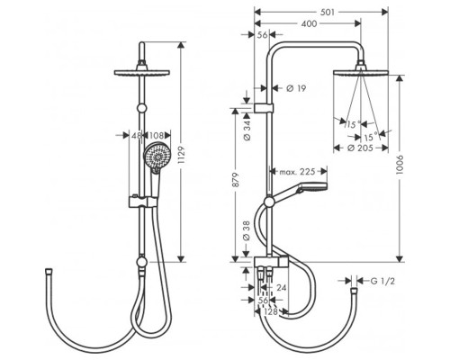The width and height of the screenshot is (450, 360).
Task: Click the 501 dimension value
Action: pos(328,13)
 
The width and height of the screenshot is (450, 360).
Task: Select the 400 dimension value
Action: pos(309,23)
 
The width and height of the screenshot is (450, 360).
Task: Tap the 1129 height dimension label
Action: pos(182,155)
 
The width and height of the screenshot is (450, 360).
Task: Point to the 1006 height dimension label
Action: pos(400,165)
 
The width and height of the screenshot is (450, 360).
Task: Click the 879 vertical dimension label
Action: pos(236,180)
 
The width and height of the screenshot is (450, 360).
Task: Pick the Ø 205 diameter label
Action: pos(360,148)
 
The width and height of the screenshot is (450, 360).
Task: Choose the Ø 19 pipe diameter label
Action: pos(296,88)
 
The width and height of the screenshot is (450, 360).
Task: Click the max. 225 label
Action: pos(298,172)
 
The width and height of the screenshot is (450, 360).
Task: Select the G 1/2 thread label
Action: pos(382,281)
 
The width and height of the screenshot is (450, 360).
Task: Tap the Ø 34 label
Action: pos(247,130)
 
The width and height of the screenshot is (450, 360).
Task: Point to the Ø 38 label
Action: pos(247,230)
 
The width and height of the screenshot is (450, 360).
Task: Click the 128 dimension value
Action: pos(271,311)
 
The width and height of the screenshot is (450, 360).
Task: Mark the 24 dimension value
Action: pos(281,288)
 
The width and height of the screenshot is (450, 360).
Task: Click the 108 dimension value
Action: pos(156,135)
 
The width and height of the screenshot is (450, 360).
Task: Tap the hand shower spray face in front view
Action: pos(157,156)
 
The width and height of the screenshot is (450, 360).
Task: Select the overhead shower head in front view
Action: pos(142,72)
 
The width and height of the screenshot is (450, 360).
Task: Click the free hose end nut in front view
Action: pos(48,271)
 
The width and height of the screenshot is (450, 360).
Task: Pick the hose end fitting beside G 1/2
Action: pos(355,291)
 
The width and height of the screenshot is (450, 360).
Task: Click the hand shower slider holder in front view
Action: pos(143,202)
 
